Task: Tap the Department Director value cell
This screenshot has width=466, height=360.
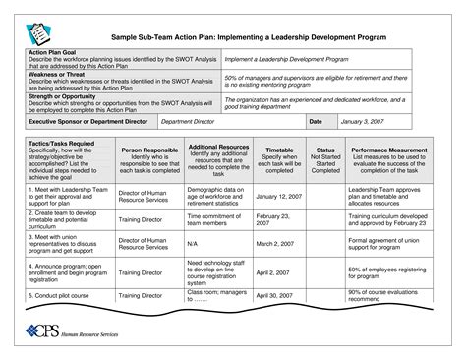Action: (x=187, y=121)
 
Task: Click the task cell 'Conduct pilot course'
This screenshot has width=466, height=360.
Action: (x=63, y=294)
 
